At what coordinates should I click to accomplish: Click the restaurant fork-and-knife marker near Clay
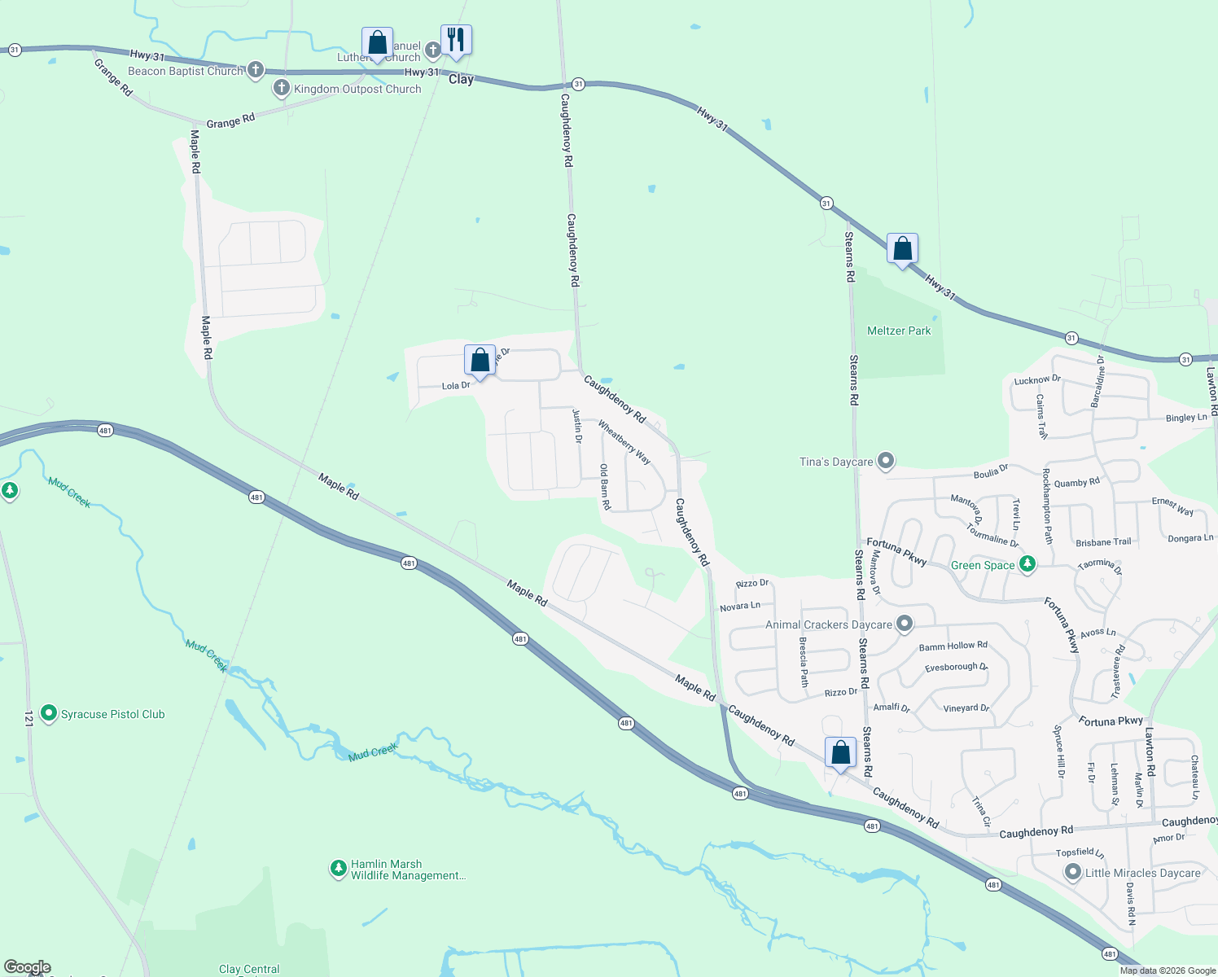pos(456,40)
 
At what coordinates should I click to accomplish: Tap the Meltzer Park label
pos(899,331)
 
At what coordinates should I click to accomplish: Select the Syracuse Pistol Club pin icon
pos(49,714)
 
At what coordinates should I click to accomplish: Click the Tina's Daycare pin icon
pos(886,462)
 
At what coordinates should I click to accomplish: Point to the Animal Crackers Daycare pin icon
pos(905,624)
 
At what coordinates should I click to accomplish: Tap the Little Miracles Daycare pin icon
pos(1073,873)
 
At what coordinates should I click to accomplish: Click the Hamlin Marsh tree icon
pos(338,869)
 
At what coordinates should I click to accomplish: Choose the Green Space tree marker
pos(1027,564)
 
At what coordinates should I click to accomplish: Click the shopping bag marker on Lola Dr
pos(480,360)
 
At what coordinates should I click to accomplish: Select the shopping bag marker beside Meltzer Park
pos(902,248)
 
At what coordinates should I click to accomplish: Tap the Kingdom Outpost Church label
pos(357,89)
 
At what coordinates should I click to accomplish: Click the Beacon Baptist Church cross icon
pos(256,70)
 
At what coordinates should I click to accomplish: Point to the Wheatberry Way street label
pos(624,442)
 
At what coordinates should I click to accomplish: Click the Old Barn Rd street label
pos(605,487)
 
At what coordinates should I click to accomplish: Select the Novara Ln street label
pos(740,607)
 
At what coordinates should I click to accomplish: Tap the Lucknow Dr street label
pos(1037,379)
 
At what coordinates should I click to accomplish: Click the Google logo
pos(28,967)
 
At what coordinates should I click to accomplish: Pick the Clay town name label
pos(461,79)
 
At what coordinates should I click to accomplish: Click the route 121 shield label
pos(28,718)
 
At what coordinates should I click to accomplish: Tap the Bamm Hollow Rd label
pos(953,646)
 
